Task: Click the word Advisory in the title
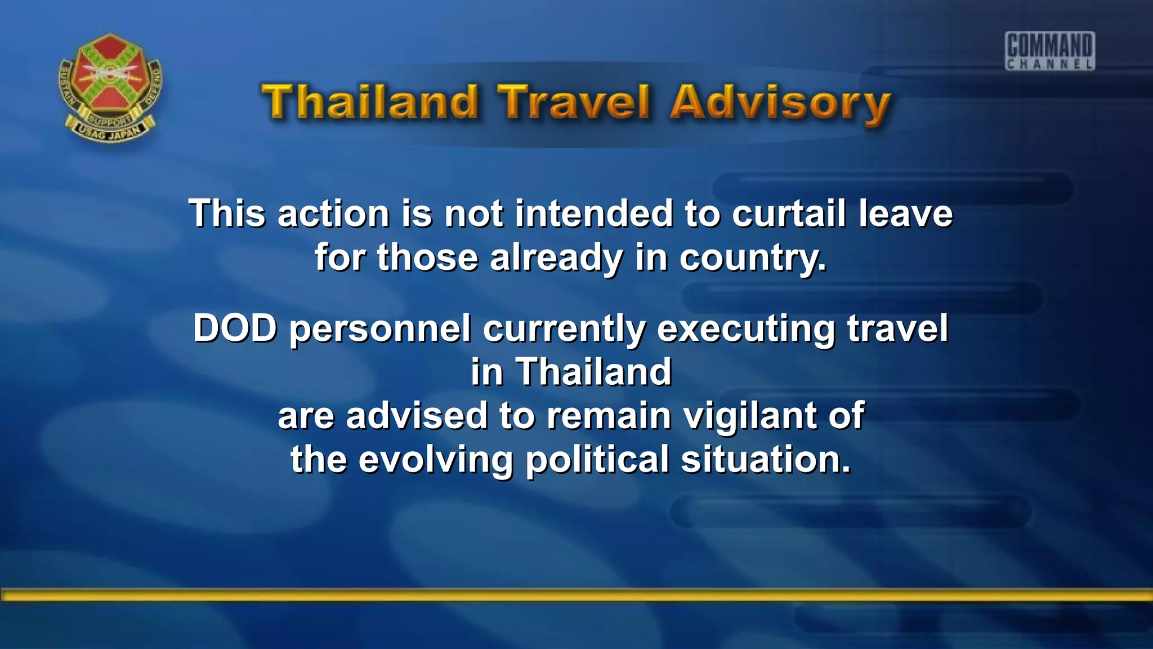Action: pyautogui.click(x=780, y=103)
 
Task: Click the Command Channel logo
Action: pyautogui.click(x=1050, y=51)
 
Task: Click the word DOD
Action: pyautogui.click(x=235, y=328)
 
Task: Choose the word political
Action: pyautogui.click(x=597, y=460)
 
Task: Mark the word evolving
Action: pyautogui.click(x=436, y=460)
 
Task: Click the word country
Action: pyautogui.click(x=753, y=259)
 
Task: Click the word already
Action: pyautogui.click(x=556, y=259)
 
